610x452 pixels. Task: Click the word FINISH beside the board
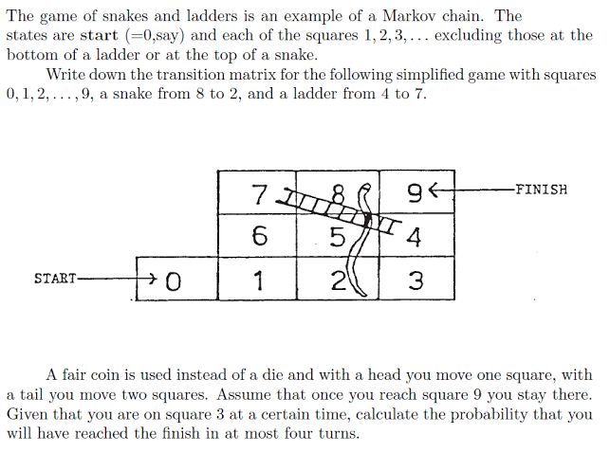pyautogui.click(x=541, y=189)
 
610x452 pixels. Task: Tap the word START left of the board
pyautogui.click(x=56, y=279)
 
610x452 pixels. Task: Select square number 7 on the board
pyautogui.click(x=259, y=194)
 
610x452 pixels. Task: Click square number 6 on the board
pyautogui.click(x=259, y=236)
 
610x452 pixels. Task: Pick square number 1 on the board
pyautogui.click(x=259, y=280)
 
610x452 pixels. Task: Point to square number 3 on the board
pyautogui.click(x=415, y=280)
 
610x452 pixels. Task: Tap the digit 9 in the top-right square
pyautogui.click(x=413, y=194)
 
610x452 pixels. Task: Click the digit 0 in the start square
pyautogui.click(x=172, y=280)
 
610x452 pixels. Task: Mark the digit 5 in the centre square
pyautogui.click(x=336, y=237)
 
